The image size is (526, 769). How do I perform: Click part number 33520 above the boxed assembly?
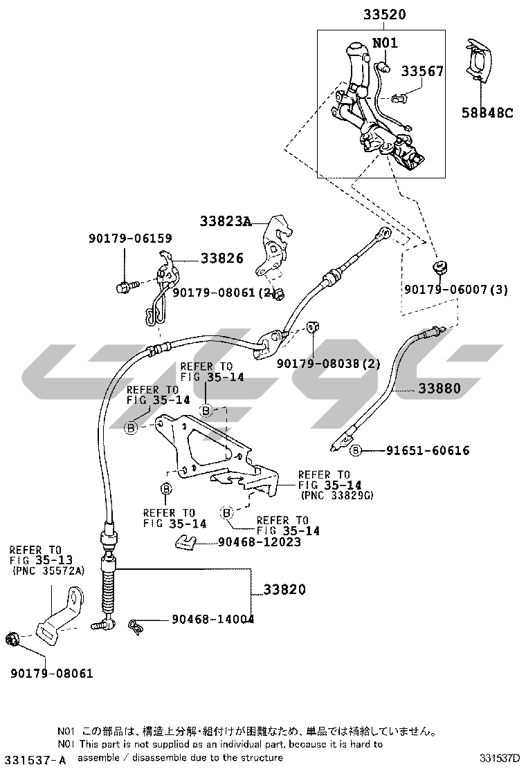[382, 14]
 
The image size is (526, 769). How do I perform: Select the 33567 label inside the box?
[422, 71]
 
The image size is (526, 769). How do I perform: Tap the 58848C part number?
[487, 113]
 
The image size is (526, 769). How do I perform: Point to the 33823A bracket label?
[224, 221]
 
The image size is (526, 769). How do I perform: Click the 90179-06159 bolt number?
[129, 239]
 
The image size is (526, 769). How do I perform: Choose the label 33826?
[221, 258]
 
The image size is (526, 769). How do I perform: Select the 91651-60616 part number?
[428, 451]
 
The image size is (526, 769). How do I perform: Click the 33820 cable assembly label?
[284, 590]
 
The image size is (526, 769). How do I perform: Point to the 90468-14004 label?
[212, 620]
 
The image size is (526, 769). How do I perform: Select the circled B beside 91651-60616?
[356, 451]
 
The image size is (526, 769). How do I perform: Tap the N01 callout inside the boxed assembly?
[385, 43]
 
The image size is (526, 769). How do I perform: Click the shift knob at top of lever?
[356, 50]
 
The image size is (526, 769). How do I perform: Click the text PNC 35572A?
[48, 571]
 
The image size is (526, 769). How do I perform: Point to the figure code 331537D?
[500, 759]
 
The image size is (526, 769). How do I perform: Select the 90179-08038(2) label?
[328, 364]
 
